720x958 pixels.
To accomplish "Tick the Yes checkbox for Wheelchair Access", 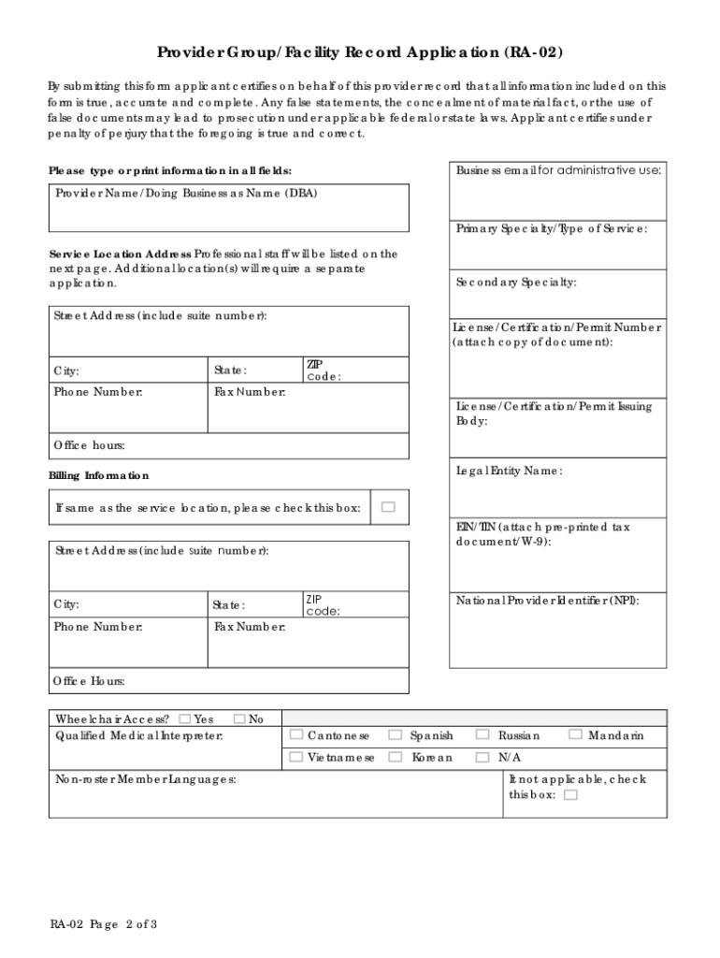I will [184, 719].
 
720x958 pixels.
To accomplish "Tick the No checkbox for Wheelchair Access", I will [238, 719].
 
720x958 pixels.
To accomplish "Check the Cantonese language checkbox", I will [296, 736].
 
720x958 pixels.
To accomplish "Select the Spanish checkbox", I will [396, 736].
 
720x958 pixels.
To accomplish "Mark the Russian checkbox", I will [483, 736].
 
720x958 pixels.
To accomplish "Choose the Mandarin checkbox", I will [575, 736].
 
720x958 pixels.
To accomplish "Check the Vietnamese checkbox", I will [296, 757].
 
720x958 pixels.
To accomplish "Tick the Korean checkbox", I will [396, 757].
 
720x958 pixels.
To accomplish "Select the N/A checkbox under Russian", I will [483, 757].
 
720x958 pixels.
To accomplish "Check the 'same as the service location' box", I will [388, 508].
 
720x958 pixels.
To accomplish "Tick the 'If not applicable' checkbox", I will [571, 795].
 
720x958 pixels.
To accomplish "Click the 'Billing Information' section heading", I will [98, 476].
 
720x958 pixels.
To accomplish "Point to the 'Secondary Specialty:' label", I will [516, 283].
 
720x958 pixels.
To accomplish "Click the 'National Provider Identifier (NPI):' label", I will [548, 601].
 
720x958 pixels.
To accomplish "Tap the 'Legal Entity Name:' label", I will [509, 471].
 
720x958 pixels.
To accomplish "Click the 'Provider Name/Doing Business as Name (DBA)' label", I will [185, 194].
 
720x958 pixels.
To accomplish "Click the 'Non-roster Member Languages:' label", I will [145, 779].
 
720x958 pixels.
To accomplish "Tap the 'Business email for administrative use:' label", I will [558, 170].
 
